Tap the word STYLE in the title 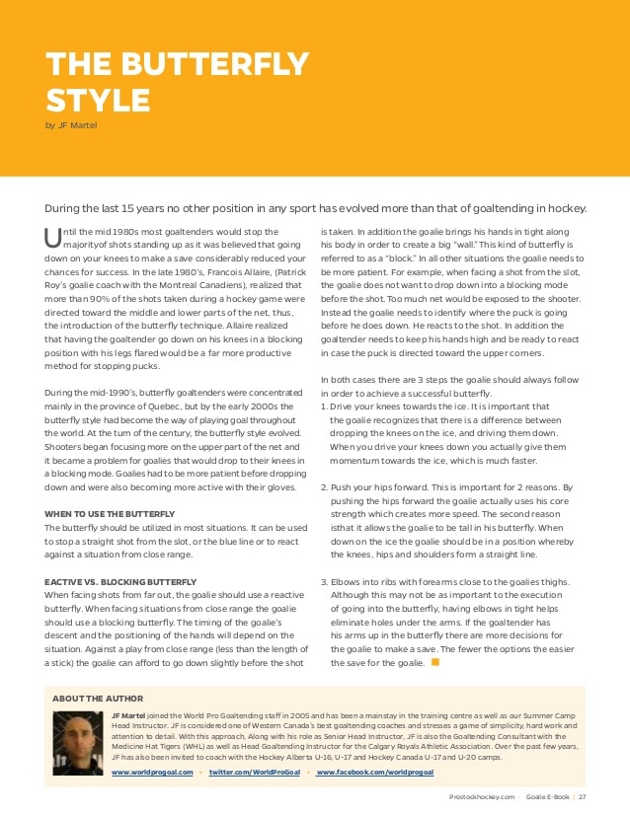(x=98, y=100)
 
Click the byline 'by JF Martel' (x=71, y=125)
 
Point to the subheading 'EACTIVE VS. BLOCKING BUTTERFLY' (x=121, y=583)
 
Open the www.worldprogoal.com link (x=152, y=772)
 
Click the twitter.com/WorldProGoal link (x=255, y=772)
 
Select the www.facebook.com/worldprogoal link (x=375, y=772)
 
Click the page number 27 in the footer (x=583, y=797)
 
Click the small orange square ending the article (x=435, y=662)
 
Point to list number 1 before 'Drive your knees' (x=324, y=406)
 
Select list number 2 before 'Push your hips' (x=324, y=486)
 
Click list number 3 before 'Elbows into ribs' (x=324, y=582)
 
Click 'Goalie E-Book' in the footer (x=545, y=797)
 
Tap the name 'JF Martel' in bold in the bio (x=132, y=713)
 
